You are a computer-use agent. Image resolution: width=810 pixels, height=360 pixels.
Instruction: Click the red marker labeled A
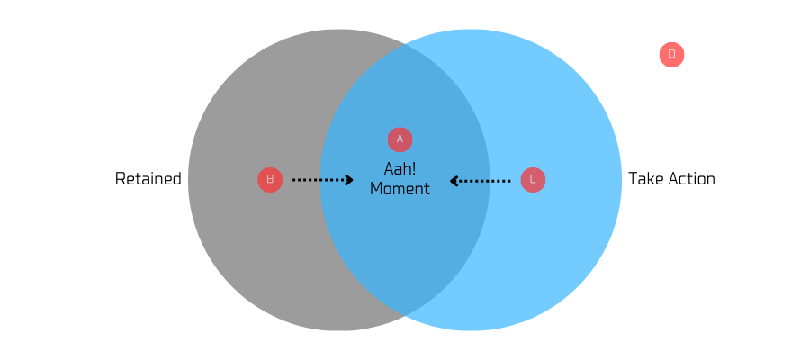(400, 139)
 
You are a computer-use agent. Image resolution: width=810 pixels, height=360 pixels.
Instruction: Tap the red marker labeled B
(270, 179)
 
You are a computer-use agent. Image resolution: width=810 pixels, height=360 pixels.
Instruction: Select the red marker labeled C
(533, 179)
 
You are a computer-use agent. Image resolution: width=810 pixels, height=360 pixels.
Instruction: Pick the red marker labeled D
(671, 54)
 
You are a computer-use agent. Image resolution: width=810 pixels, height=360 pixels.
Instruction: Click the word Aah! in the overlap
(400, 169)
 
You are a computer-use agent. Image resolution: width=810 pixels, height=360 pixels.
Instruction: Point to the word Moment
(400, 189)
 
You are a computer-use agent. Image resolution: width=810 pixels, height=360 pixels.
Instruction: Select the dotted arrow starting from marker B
(322, 180)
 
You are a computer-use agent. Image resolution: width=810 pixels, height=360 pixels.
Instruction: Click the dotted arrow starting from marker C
(481, 181)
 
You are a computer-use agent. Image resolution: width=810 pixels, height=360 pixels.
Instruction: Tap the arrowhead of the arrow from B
(349, 180)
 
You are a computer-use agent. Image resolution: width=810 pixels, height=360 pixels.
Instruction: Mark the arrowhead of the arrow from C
(454, 181)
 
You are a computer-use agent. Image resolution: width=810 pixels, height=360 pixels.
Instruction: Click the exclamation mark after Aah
(414, 169)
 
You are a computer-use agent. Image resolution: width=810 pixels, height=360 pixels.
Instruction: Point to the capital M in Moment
(376, 189)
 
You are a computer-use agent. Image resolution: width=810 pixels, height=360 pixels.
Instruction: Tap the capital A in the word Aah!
(389, 169)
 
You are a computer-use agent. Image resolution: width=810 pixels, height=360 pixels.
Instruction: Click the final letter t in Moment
(427, 189)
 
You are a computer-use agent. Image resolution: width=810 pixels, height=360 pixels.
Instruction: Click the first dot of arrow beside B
(294, 180)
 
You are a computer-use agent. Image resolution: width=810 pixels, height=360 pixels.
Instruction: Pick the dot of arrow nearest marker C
(508, 181)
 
